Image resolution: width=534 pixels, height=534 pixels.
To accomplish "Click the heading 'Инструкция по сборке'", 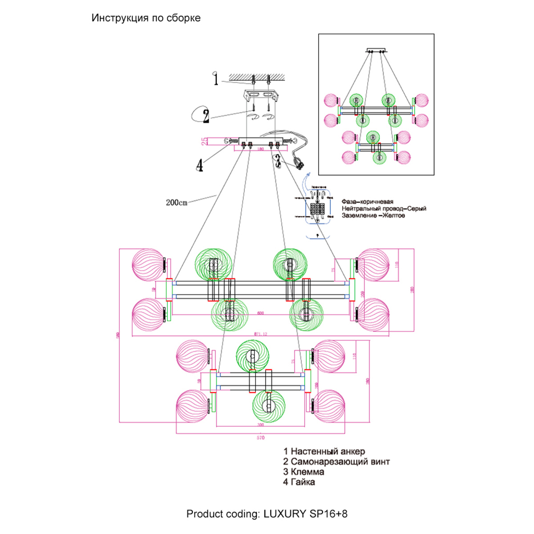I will click(x=146, y=18).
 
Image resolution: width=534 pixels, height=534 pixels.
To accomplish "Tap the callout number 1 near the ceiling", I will click(x=216, y=80).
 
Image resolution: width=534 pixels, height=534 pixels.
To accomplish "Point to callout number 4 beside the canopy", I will click(x=200, y=165).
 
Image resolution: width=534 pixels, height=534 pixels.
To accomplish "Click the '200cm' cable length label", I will click(x=177, y=202).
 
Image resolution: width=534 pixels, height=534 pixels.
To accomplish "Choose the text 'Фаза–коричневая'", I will click(x=368, y=202).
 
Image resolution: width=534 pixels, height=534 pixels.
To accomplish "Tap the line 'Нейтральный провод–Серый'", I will click(x=384, y=208).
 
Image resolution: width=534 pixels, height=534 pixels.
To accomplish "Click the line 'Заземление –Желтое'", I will click(x=373, y=215).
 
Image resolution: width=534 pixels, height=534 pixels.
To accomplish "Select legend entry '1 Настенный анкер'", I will click(x=324, y=451).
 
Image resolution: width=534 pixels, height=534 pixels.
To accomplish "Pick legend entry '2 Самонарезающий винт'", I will click(x=336, y=461).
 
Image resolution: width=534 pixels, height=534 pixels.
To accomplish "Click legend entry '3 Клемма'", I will click(x=303, y=472).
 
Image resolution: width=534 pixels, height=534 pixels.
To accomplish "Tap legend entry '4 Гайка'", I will click(x=299, y=482).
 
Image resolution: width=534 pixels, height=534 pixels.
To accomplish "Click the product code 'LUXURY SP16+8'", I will click(x=306, y=514).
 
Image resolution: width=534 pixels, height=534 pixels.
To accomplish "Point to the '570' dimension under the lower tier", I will click(x=261, y=438).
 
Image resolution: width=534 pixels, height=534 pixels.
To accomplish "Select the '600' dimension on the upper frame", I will click(x=260, y=313).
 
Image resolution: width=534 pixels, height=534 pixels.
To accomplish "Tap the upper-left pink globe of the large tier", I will click(x=148, y=265).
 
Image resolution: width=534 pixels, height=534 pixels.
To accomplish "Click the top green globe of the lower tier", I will click(x=252, y=356).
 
